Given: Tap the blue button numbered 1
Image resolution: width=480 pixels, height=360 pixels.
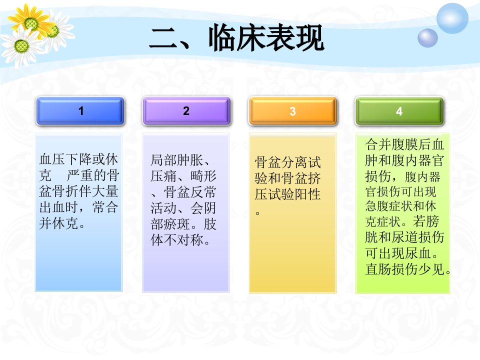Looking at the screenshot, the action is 80,111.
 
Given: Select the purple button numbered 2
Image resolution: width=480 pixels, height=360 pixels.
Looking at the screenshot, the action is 186,111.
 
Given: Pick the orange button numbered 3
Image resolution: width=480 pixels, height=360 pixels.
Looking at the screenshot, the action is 292,111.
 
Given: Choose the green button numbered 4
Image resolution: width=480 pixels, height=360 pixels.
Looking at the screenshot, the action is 399,111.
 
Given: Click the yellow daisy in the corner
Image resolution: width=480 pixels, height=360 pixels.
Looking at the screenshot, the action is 30,22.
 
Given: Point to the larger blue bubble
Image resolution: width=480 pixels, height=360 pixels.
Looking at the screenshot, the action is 452,18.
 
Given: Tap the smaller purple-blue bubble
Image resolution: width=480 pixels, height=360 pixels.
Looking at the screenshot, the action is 427,38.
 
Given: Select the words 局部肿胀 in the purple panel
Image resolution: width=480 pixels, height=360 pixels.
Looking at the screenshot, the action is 176,160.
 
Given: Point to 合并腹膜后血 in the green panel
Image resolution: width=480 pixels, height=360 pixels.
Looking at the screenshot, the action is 404,144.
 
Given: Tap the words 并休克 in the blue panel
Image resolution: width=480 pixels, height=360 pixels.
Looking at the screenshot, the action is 59,223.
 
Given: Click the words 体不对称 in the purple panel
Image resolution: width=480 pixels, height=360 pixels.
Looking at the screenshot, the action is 176,239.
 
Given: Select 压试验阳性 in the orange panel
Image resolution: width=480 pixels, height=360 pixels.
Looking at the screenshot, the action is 287,194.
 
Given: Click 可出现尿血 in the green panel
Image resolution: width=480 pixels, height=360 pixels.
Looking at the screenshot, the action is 398,253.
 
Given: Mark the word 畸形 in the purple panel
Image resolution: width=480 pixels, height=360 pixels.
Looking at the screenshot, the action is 203,176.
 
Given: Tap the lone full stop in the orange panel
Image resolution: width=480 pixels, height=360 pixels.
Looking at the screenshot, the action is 258,213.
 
